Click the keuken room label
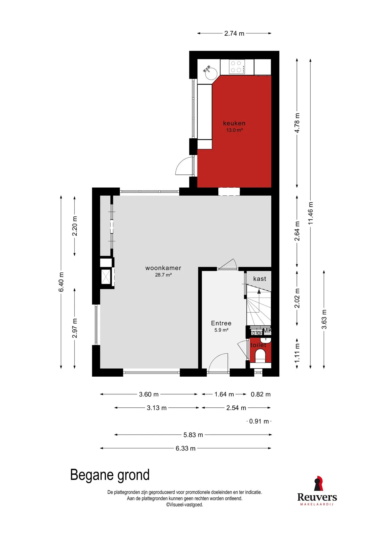(x=234, y=123)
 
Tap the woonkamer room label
(x=163, y=268)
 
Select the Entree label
(x=221, y=323)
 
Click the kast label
(x=260, y=279)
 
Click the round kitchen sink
(x=211, y=73)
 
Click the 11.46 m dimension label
(x=310, y=213)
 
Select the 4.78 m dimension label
(x=297, y=123)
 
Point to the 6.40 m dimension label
(x=61, y=282)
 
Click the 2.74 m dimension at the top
(x=234, y=33)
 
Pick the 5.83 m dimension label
(x=193, y=435)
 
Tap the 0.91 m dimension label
(x=259, y=421)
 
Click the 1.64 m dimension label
(x=224, y=394)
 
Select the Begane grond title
(x=110, y=475)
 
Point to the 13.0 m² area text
(x=234, y=130)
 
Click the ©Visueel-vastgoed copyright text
(x=184, y=505)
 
